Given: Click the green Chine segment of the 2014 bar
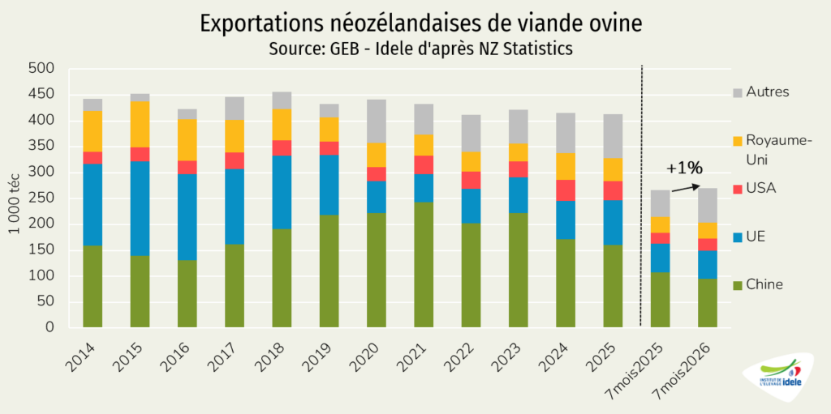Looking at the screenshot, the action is click(93, 287).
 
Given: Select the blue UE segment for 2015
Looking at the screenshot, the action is click(140, 208).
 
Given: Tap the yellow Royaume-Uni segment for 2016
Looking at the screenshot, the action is click(187, 140).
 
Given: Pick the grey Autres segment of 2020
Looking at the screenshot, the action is click(377, 122).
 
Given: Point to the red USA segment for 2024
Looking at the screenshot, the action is click(566, 190).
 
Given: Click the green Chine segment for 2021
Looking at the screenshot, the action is click(424, 265).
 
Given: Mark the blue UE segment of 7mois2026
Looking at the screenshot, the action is click(708, 265).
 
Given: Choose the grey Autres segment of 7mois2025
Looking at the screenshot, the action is click(661, 203).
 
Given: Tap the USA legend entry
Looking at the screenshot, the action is click(754, 188).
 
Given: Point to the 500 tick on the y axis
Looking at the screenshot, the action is click(42, 69).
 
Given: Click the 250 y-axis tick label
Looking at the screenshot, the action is click(42, 198).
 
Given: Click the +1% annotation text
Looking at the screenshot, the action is click(684, 169).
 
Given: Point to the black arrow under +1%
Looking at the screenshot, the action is click(686, 188).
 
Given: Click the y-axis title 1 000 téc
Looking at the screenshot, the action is click(13, 199).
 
